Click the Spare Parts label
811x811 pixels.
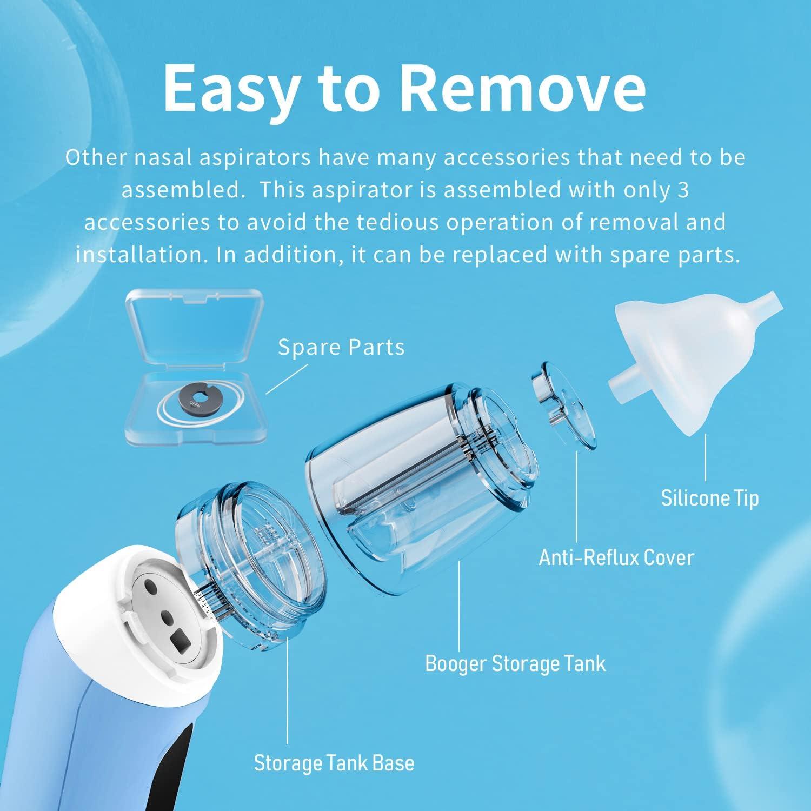point(341,348)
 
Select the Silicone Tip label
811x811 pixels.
point(709,498)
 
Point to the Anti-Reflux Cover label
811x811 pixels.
point(616,557)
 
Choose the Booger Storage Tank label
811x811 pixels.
point(515,663)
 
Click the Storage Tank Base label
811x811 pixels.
point(334,763)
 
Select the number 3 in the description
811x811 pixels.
point(683,190)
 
